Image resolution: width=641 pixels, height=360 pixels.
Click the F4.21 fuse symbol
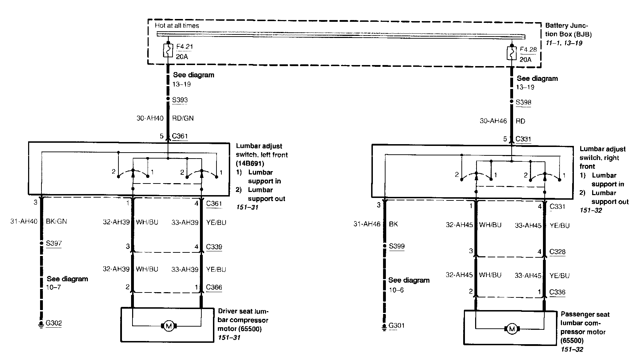click(168, 50)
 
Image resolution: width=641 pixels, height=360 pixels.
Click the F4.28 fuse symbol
click(512, 53)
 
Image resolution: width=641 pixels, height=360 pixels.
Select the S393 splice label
click(180, 100)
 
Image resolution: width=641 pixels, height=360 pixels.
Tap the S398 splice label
click(523, 102)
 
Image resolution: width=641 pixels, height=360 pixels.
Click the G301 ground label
click(396, 326)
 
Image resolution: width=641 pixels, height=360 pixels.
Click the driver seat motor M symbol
click(169, 326)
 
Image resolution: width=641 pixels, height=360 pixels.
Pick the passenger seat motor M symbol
click(512, 329)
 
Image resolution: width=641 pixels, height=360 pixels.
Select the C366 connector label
click(214, 287)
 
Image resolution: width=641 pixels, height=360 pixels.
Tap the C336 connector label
click(557, 292)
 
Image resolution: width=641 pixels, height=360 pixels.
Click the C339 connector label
click(214, 247)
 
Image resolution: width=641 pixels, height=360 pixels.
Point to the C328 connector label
click(557, 252)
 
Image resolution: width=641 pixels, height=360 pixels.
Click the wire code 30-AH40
click(150, 118)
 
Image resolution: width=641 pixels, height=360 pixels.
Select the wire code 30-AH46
click(493, 121)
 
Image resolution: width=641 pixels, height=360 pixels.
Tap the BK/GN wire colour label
click(56, 221)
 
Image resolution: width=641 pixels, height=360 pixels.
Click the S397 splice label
click(53, 243)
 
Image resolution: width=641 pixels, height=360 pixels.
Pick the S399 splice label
click(396, 246)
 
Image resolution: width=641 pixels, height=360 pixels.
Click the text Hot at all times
click(177, 26)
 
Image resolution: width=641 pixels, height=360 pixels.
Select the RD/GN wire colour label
click(183, 118)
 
